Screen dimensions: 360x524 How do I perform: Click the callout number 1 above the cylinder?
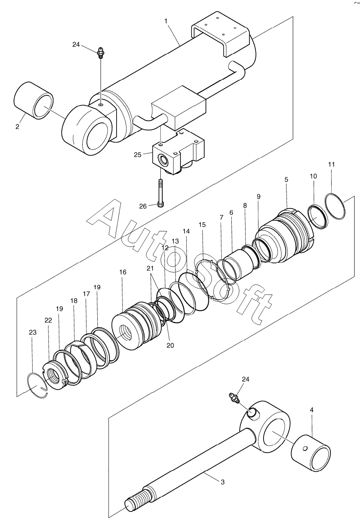(166, 21)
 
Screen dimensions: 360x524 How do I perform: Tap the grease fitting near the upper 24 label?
(101, 53)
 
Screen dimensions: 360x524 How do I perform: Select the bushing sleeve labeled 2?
(33, 101)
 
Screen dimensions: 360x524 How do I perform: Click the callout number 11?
(332, 165)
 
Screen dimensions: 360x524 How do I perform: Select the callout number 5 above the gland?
(286, 180)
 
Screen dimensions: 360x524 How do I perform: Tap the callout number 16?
(123, 272)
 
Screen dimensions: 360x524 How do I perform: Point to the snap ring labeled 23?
(38, 385)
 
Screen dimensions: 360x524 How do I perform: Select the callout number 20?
(170, 345)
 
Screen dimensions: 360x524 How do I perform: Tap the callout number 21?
(150, 268)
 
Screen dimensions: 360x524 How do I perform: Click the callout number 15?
(202, 224)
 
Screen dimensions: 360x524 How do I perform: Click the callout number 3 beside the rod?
(223, 482)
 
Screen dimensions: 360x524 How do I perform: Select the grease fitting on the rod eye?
(234, 397)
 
